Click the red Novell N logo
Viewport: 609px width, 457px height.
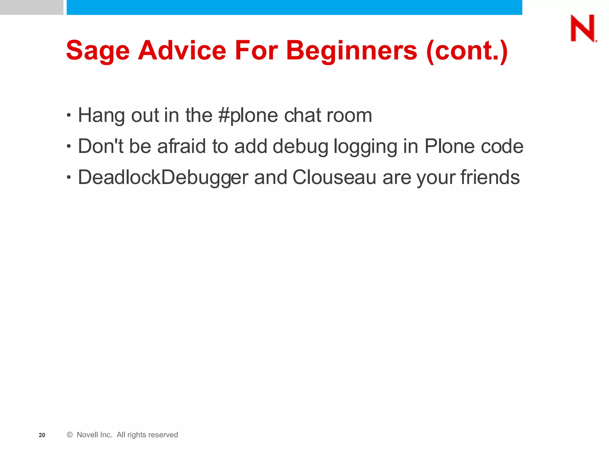click(x=583, y=28)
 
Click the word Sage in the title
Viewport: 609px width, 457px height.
click(x=98, y=51)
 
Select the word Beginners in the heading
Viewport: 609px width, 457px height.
click(x=351, y=51)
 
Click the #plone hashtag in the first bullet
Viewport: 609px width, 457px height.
click(x=248, y=116)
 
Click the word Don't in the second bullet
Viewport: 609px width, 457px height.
click(x=101, y=146)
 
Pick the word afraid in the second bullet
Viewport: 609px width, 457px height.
click(x=181, y=146)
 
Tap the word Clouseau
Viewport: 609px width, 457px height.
click(x=334, y=178)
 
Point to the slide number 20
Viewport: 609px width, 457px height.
click(x=42, y=435)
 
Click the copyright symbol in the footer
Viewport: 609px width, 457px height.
click(x=70, y=435)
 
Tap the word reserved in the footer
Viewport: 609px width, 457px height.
click(x=163, y=435)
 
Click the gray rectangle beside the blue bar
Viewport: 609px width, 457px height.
click(x=32, y=7)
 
